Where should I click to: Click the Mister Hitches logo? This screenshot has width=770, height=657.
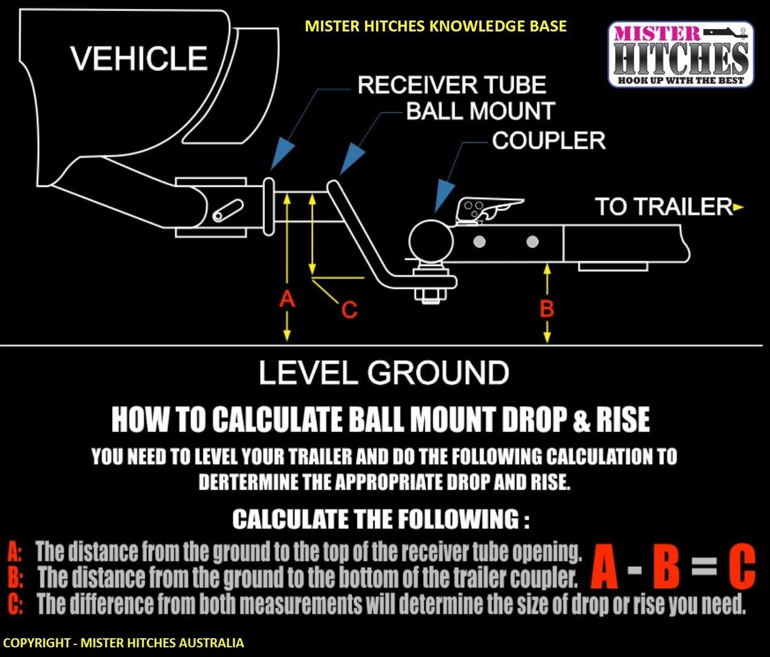(681, 54)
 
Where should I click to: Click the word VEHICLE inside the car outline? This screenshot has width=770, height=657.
(138, 59)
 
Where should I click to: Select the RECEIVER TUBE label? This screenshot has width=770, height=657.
(451, 85)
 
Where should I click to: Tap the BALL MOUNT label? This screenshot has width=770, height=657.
(480, 111)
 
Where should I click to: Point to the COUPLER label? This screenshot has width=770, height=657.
(548, 140)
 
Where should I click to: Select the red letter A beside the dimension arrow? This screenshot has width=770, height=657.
(287, 298)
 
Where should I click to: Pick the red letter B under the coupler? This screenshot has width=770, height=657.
(547, 309)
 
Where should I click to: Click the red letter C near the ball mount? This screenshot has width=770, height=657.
(349, 309)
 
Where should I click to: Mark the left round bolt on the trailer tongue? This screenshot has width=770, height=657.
(479, 242)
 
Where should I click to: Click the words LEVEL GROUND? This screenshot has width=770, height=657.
(384, 372)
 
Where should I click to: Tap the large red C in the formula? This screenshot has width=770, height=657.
(741, 567)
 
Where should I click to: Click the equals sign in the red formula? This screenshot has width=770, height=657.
(704, 567)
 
